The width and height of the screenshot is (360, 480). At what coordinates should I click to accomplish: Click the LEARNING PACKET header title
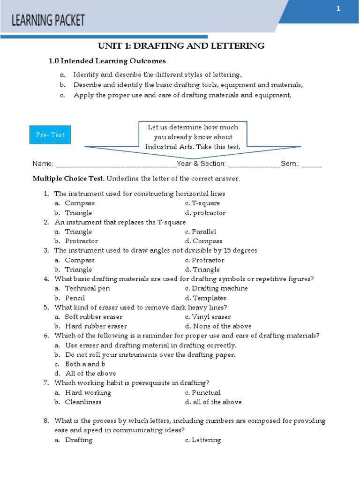coord(48,20)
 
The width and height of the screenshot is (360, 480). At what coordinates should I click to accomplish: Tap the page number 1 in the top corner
coord(337,9)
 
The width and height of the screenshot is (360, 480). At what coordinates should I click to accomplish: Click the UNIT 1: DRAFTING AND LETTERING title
coord(181,45)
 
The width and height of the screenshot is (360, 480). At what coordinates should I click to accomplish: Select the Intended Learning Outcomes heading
coord(107,61)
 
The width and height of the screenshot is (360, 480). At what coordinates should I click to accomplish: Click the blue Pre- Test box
coord(50,135)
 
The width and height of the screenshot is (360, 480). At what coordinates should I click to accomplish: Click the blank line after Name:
coord(115,165)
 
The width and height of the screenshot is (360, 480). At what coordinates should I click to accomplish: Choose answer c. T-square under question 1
coord(202,203)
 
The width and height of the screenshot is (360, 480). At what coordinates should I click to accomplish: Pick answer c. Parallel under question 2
coord(201,232)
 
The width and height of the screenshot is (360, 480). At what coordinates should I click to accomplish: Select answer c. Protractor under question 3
coord(205,260)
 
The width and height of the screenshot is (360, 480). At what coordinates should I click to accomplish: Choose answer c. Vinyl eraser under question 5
coord(208,317)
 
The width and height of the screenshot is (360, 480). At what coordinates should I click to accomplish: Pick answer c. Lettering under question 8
coord(203,440)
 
